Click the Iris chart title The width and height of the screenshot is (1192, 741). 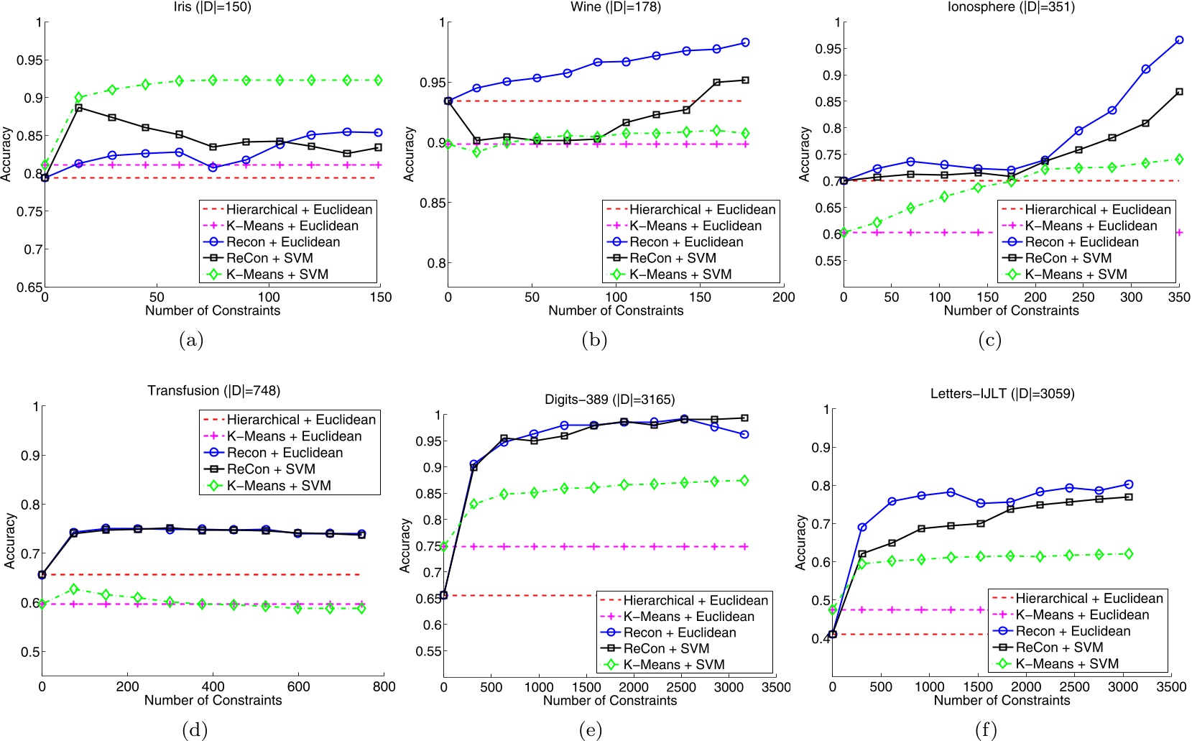point(213,7)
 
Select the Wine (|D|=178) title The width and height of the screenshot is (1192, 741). point(616,7)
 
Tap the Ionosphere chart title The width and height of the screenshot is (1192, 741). point(1010,7)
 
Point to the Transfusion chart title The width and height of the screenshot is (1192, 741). point(213,391)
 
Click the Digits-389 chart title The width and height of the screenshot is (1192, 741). point(609,400)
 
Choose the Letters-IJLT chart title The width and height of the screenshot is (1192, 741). point(1002,394)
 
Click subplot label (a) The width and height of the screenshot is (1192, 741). point(191,341)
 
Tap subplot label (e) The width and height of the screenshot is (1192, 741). point(590,731)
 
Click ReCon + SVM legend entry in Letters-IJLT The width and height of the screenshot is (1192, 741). point(1059,648)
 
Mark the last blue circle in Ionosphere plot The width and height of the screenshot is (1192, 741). point(1179,40)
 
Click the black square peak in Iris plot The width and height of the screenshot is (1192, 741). point(78,108)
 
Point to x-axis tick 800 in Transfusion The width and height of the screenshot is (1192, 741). point(384,686)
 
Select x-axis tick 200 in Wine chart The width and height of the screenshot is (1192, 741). point(784,297)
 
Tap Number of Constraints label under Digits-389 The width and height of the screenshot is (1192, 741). point(609,701)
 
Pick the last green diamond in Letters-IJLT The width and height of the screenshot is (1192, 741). point(1128,553)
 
